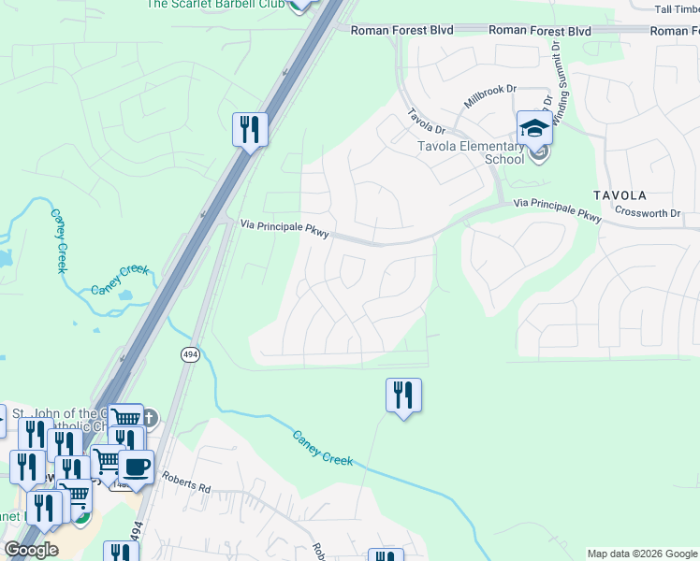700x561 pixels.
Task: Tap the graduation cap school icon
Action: point(534,127)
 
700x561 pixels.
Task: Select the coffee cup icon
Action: point(137,467)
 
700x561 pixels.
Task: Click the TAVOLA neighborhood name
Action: point(620,195)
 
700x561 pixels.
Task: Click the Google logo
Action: point(31,550)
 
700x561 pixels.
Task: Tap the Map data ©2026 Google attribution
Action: point(641,554)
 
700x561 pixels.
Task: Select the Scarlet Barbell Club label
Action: point(214,4)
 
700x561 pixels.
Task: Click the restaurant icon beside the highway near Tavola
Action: point(250,129)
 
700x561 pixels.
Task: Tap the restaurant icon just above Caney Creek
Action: point(403,395)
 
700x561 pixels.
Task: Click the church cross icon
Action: point(149,417)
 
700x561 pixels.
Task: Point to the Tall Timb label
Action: point(677,8)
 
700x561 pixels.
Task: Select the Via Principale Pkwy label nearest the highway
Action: point(284,228)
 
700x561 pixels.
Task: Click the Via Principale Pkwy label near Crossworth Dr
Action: point(558,209)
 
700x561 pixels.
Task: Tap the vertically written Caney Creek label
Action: point(58,241)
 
